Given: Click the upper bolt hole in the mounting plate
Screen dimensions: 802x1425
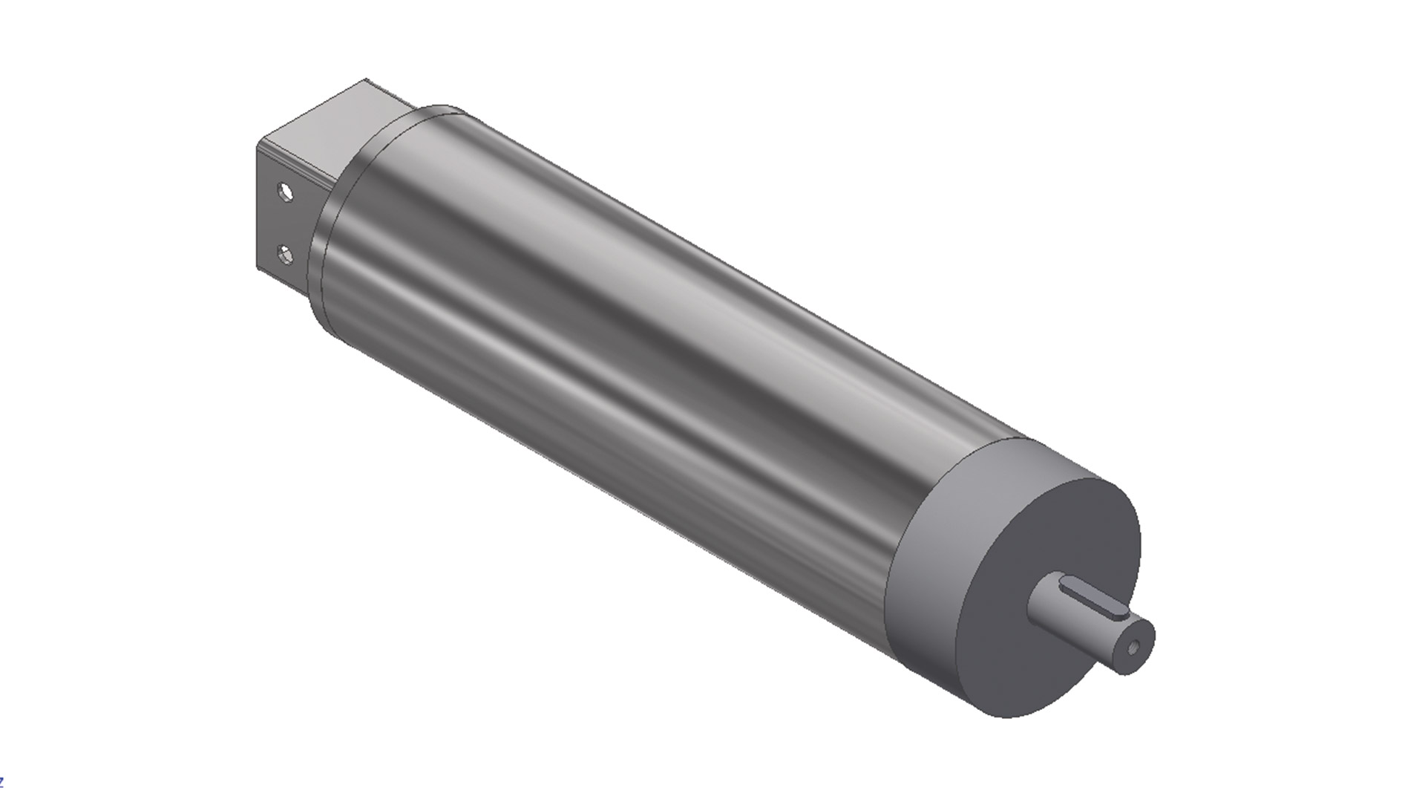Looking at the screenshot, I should pyautogui.click(x=284, y=192).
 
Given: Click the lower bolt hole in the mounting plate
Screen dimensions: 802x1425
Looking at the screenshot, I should pyautogui.click(x=284, y=256).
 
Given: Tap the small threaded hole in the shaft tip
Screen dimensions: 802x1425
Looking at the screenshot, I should pyautogui.click(x=1132, y=648).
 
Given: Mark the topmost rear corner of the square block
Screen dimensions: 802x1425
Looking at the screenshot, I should pyautogui.click(x=366, y=79).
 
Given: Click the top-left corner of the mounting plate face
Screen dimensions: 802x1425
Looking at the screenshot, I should pyautogui.click(x=258, y=146).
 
